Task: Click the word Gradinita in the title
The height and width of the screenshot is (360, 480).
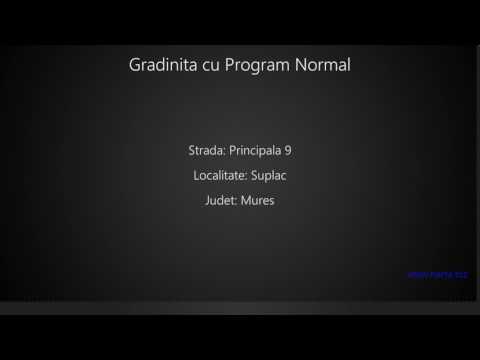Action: [x=161, y=65]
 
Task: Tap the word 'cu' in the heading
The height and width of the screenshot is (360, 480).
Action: [x=207, y=66]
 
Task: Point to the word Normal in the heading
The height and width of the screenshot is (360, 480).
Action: [x=324, y=65]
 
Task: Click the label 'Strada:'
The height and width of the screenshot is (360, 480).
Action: [x=206, y=151]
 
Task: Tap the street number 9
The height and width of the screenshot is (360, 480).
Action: [x=288, y=151]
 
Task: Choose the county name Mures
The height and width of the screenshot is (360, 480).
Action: [x=258, y=201]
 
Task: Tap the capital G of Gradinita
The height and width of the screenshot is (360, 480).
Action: [x=136, y=65]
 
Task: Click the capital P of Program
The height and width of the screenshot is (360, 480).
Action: [x=227, y=65]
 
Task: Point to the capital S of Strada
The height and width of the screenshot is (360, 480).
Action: [x=191, y=151]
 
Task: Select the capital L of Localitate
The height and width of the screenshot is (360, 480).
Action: [x=196, y=176]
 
